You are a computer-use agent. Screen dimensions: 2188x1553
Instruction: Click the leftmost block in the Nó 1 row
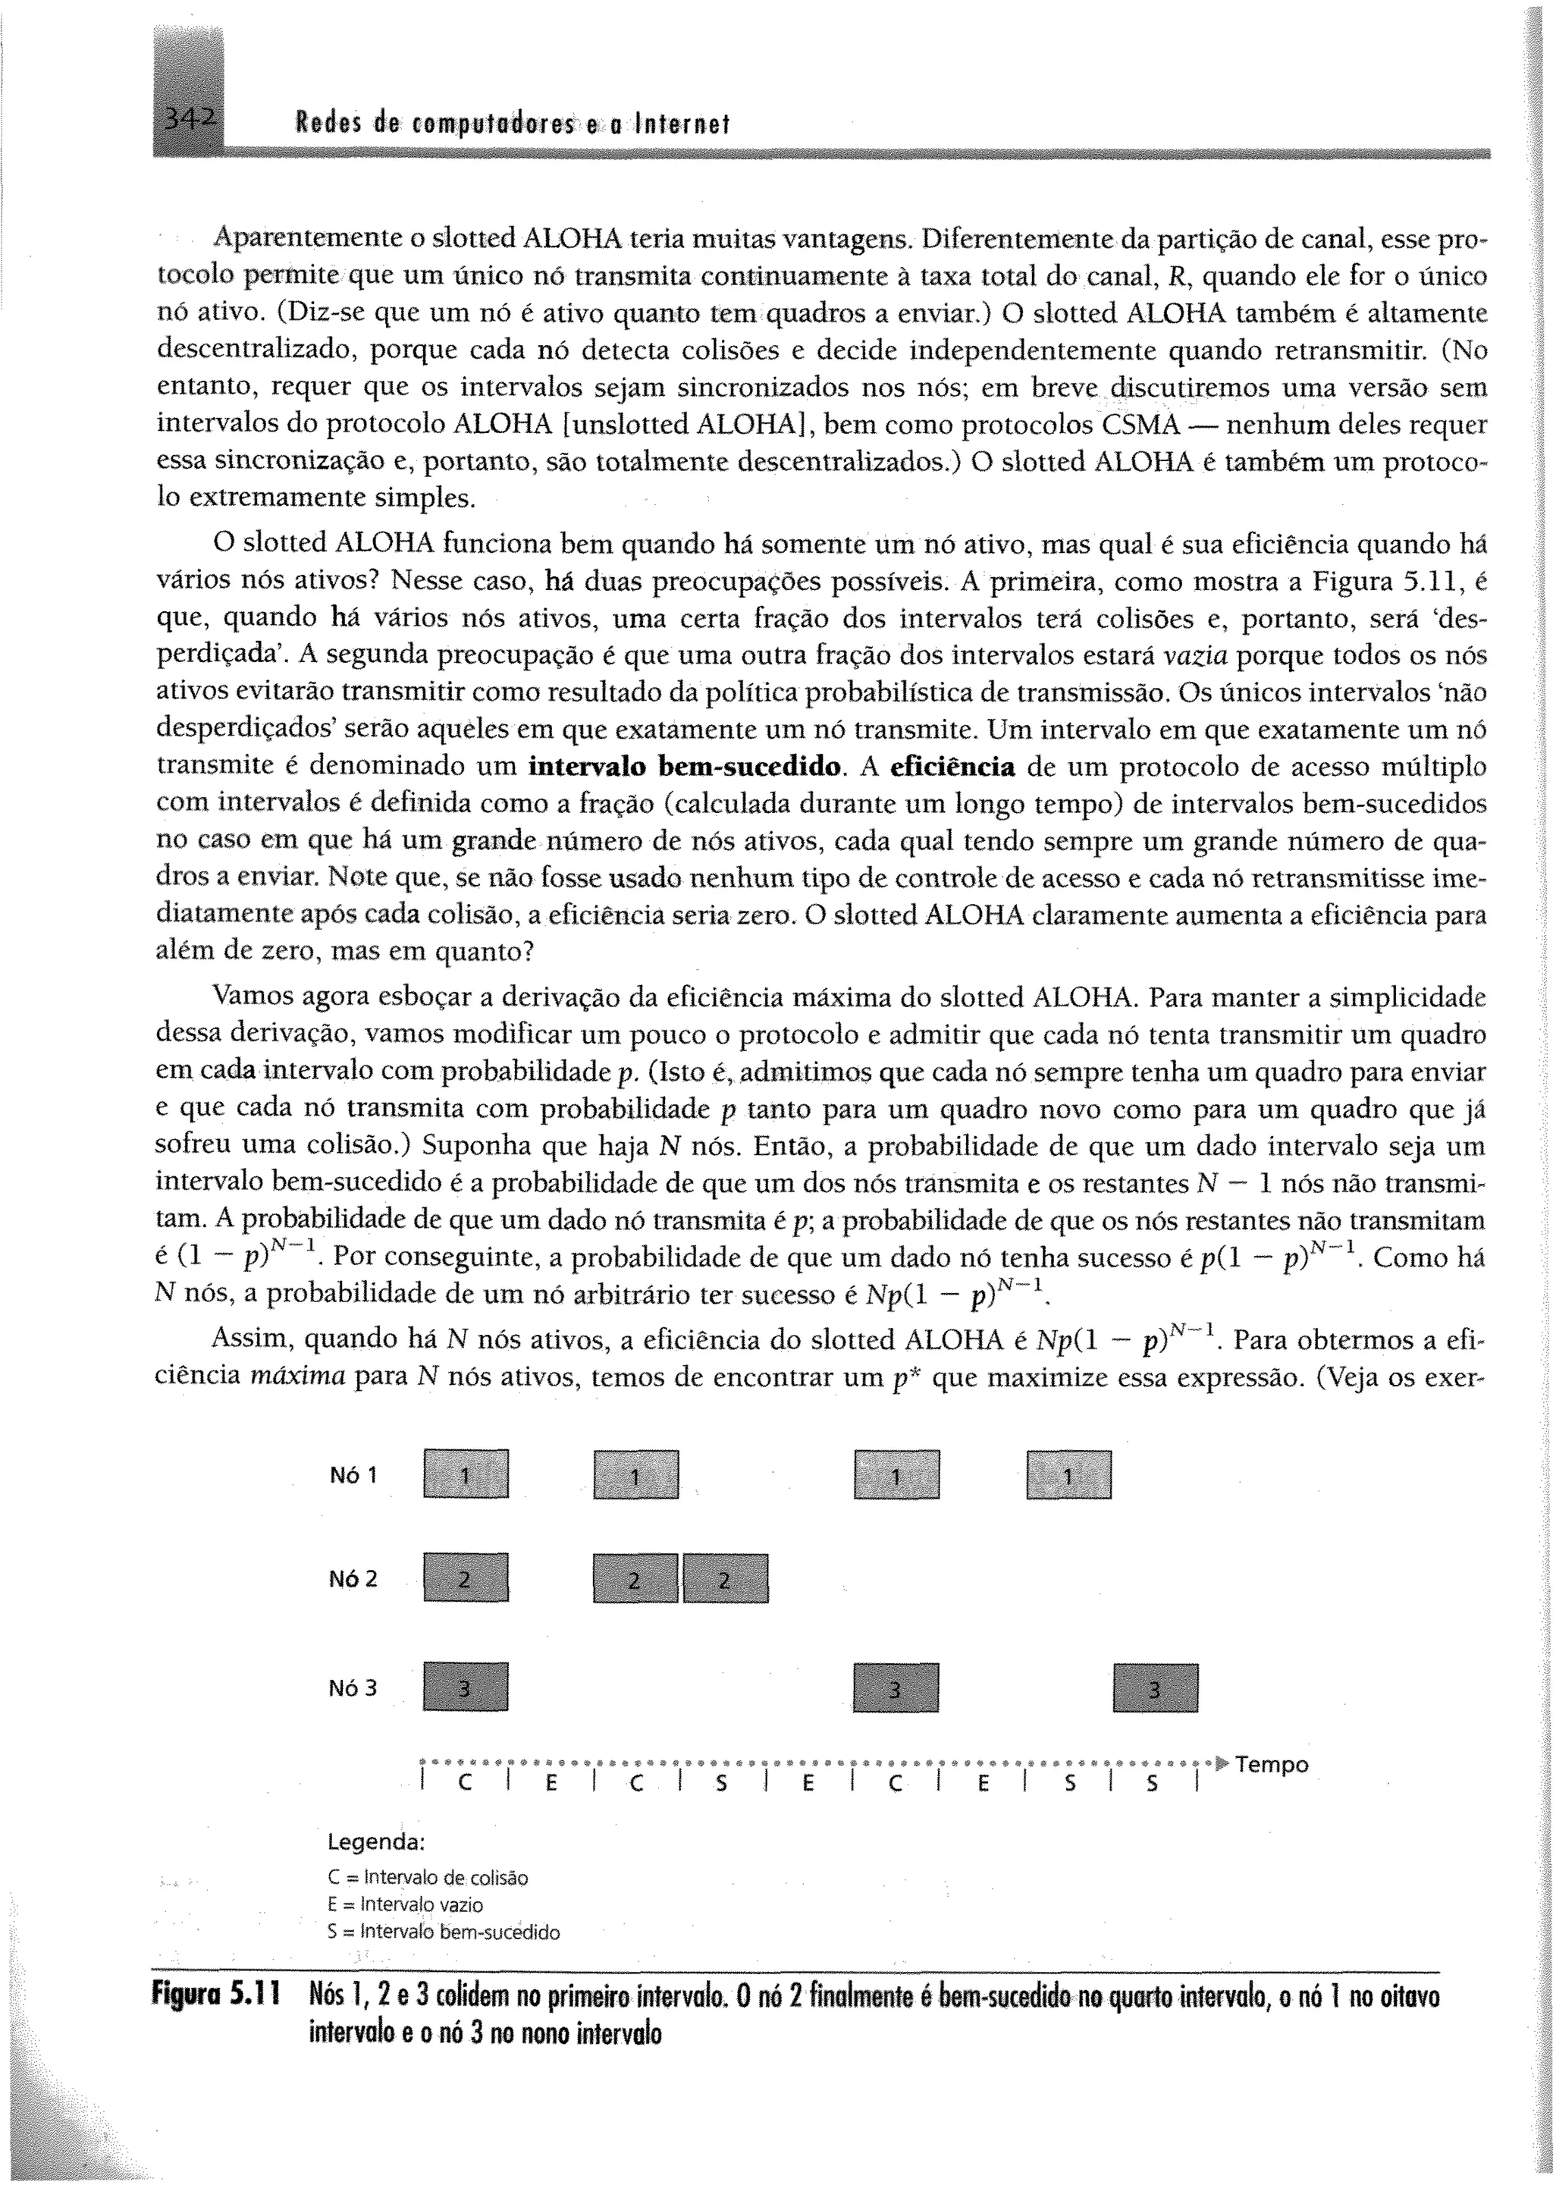pos(465,1474)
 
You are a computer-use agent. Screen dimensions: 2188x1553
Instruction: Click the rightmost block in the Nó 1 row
pos(1068,1474)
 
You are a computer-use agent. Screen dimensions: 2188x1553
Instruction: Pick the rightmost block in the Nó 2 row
pos(725,1579)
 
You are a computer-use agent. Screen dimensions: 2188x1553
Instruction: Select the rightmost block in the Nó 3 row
pos(1155,1688)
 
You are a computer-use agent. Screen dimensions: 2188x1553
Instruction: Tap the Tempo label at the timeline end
pos(1272,1764)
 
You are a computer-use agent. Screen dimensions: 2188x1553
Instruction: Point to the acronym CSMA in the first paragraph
pos(1143,425)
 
